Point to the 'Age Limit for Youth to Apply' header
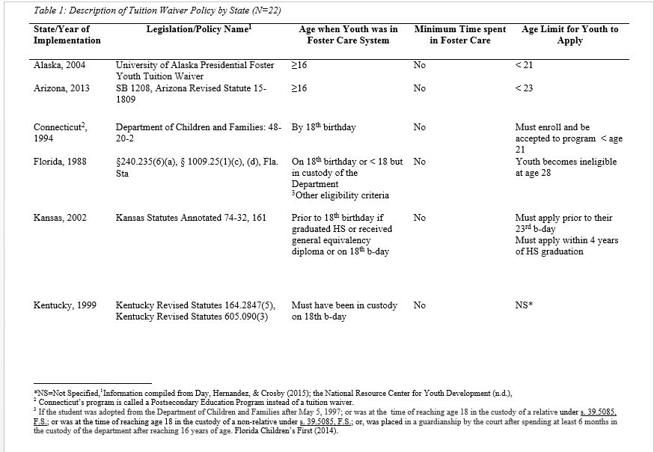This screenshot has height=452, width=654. coord(569,34)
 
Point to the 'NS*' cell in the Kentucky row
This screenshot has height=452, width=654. coord(524,305)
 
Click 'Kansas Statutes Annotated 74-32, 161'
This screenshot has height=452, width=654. coord(196,219)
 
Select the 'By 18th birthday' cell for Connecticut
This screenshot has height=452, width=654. coord(323,127)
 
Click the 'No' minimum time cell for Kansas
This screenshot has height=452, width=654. coord(419,219)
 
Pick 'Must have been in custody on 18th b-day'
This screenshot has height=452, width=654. coord(344,311)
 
